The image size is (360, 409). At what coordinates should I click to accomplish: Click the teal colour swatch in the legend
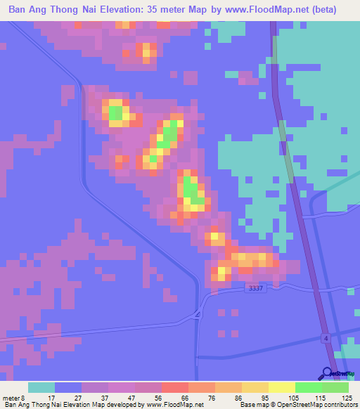pyautogui.click(x=41, y=387)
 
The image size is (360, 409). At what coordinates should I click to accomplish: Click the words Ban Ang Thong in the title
pyautogui.click(x=46, y=10)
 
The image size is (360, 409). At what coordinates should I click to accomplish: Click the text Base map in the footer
pyautogui.click(x=255, y=405)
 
